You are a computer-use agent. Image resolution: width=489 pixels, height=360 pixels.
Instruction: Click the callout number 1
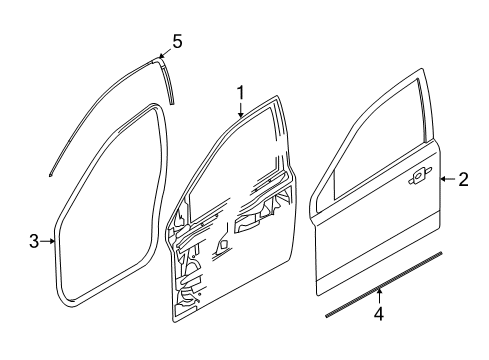click(x=241, y=93)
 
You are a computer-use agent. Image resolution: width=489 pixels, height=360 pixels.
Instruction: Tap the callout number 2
click(x=463, y=180)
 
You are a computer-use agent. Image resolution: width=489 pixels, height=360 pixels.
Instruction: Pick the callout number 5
click(x=177, y=41)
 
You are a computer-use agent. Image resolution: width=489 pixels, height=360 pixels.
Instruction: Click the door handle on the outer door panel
click(x=417, y=178)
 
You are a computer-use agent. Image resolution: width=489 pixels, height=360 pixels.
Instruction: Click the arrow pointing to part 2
click(x=446, y=180)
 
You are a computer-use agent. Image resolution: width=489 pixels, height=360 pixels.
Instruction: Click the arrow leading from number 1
click(x=241, y=110)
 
